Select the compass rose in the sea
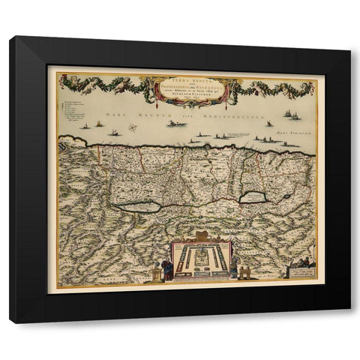[x=132, y=128]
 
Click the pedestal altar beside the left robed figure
[x=157, y=274]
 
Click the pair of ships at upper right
[x=291, y=115]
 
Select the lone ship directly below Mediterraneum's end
[x=268, y=124]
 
